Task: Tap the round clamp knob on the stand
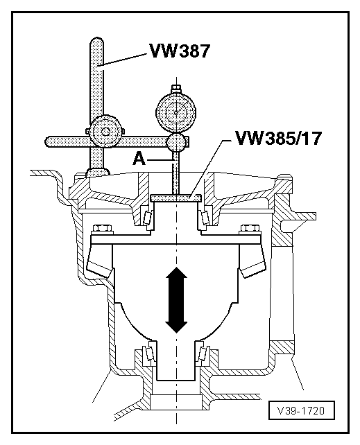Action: [105, 130]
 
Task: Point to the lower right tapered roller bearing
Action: [203, 356]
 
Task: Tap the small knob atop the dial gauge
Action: [177, 88]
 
